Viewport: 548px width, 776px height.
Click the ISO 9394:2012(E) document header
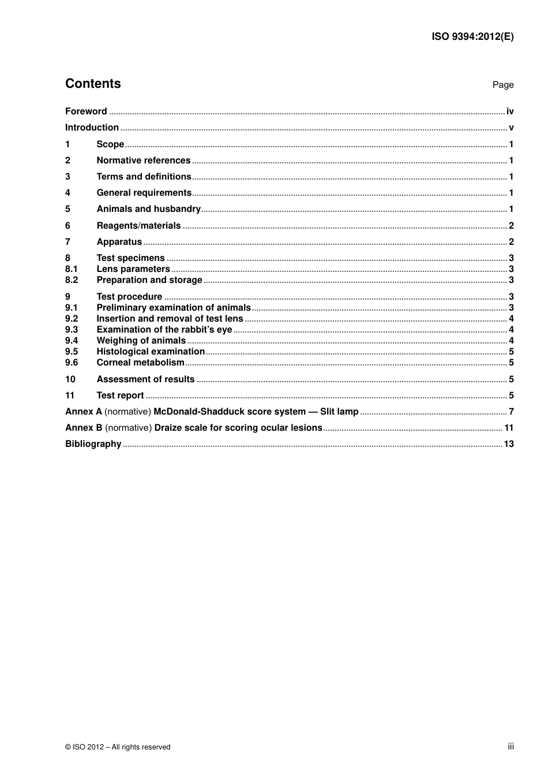[472, 36]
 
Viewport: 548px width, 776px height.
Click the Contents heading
[93, 84]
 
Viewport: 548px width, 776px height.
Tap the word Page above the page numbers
[502, 85]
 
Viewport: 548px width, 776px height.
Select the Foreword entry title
[86, 111]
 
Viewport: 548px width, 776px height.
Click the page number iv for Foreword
[510, 111]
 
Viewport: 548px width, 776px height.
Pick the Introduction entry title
[92, 128]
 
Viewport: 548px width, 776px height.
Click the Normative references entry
[143, 161]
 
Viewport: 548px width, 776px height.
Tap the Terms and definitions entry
[144, 177]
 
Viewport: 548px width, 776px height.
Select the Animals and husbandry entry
[148, 209]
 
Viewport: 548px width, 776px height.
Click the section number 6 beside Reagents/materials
[67, 226]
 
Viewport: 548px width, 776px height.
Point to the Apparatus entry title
[119, 242]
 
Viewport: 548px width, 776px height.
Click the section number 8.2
[72, 280]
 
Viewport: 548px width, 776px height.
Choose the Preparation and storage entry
[149, 280]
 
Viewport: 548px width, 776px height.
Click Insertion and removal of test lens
[170, 319]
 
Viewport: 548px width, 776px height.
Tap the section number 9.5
[72, 352]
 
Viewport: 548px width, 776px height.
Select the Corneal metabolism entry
[140, 363]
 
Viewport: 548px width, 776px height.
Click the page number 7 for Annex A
[511, 412]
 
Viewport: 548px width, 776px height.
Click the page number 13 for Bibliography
[508, 444]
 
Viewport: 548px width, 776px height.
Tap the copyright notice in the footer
[118, 747]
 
